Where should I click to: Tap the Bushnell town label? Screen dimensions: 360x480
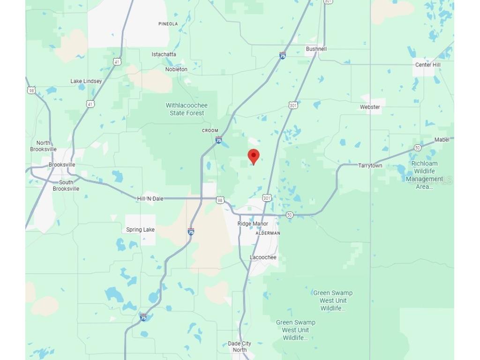(316, 49)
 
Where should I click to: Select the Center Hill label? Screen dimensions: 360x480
(427, 65)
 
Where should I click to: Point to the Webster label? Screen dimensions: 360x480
(370, 107)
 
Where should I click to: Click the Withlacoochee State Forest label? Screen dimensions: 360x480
(187, 109)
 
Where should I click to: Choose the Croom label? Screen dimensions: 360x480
(210, 131)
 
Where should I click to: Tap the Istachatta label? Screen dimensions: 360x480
(164, 54)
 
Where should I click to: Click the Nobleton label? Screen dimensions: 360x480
(176, 69)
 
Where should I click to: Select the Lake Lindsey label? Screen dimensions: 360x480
(86, 81)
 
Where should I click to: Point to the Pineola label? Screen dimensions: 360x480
(168, 24)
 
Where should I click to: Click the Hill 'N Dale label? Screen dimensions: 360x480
(150, 199)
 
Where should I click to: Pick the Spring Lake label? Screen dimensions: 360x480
(140, 230)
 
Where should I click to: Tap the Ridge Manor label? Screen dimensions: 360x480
(253, 224)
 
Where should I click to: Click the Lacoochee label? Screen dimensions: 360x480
(263, 257)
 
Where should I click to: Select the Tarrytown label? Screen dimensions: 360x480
(370, 165)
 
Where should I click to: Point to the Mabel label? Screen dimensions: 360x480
(442, 140)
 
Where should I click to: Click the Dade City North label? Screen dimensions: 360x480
(239, 346)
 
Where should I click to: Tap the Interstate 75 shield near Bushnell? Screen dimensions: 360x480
(282, 55)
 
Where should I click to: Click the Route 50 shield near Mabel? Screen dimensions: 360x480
(417, 148)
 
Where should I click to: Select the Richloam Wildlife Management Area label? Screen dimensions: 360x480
(424, 175)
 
